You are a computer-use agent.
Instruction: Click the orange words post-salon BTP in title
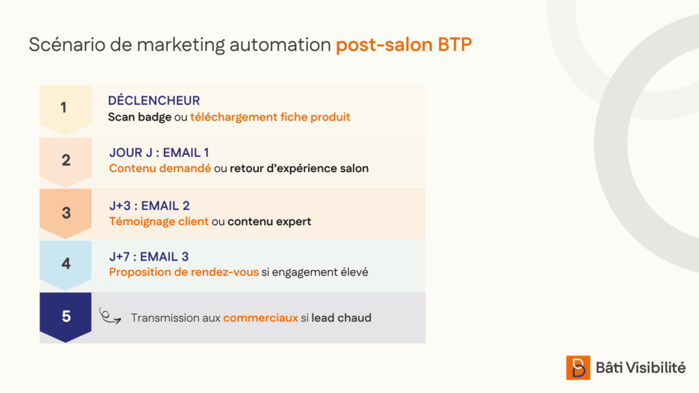[403, 44]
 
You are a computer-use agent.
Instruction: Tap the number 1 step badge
[66, 110]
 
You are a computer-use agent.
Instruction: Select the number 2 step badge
[66, 162]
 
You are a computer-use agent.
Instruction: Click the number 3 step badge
[66, 214]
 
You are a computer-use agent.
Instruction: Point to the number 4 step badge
[66, 265]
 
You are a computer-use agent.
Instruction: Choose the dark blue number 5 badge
[66, 317]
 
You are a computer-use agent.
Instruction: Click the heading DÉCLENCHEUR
[154, 100]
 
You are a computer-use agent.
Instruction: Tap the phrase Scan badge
[139, 117]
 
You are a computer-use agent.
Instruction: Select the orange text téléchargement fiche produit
[270, 117]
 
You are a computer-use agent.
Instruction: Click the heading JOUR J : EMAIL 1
[159, 153]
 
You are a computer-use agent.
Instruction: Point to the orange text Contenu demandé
[160, 169]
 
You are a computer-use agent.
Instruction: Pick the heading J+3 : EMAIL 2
[149, 206]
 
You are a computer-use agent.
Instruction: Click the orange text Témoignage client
[158, 222]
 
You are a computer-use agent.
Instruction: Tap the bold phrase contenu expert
[269, 222]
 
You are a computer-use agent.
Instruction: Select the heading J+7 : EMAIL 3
[149, 257]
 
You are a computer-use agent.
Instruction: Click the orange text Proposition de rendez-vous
[184, 272]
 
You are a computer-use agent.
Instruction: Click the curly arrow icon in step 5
[110, 317]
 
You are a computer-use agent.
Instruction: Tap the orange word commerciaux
[260, 318]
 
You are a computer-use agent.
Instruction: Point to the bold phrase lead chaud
[341, 318]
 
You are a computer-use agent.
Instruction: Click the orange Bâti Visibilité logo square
[578, 368]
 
